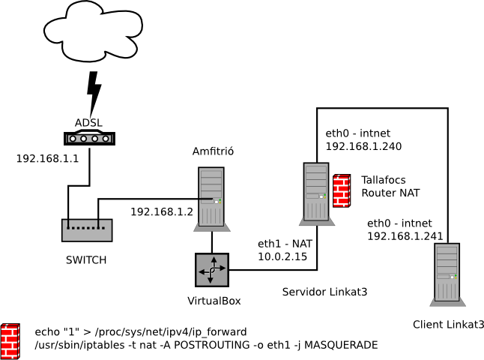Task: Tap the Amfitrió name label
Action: pyautogui.click(x=214, y=151)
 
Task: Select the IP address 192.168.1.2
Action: pyautogui.click(x=162, y=211)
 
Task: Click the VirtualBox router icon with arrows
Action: pyautogui.click(x=213, y=269)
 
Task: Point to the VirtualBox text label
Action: pyautogui.click(x=214, y=301)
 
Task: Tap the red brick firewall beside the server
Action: pyautogui.click(x=342, y=190)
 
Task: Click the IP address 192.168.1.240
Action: pyautogui.click(x=363, y=146)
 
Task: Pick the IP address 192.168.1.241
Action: pyautogui.click(x=405, y=236)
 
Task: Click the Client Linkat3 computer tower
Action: pyautogui.click(x=448, y=274)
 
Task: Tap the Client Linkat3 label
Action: pyautogui.click(x=448, y=325)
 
